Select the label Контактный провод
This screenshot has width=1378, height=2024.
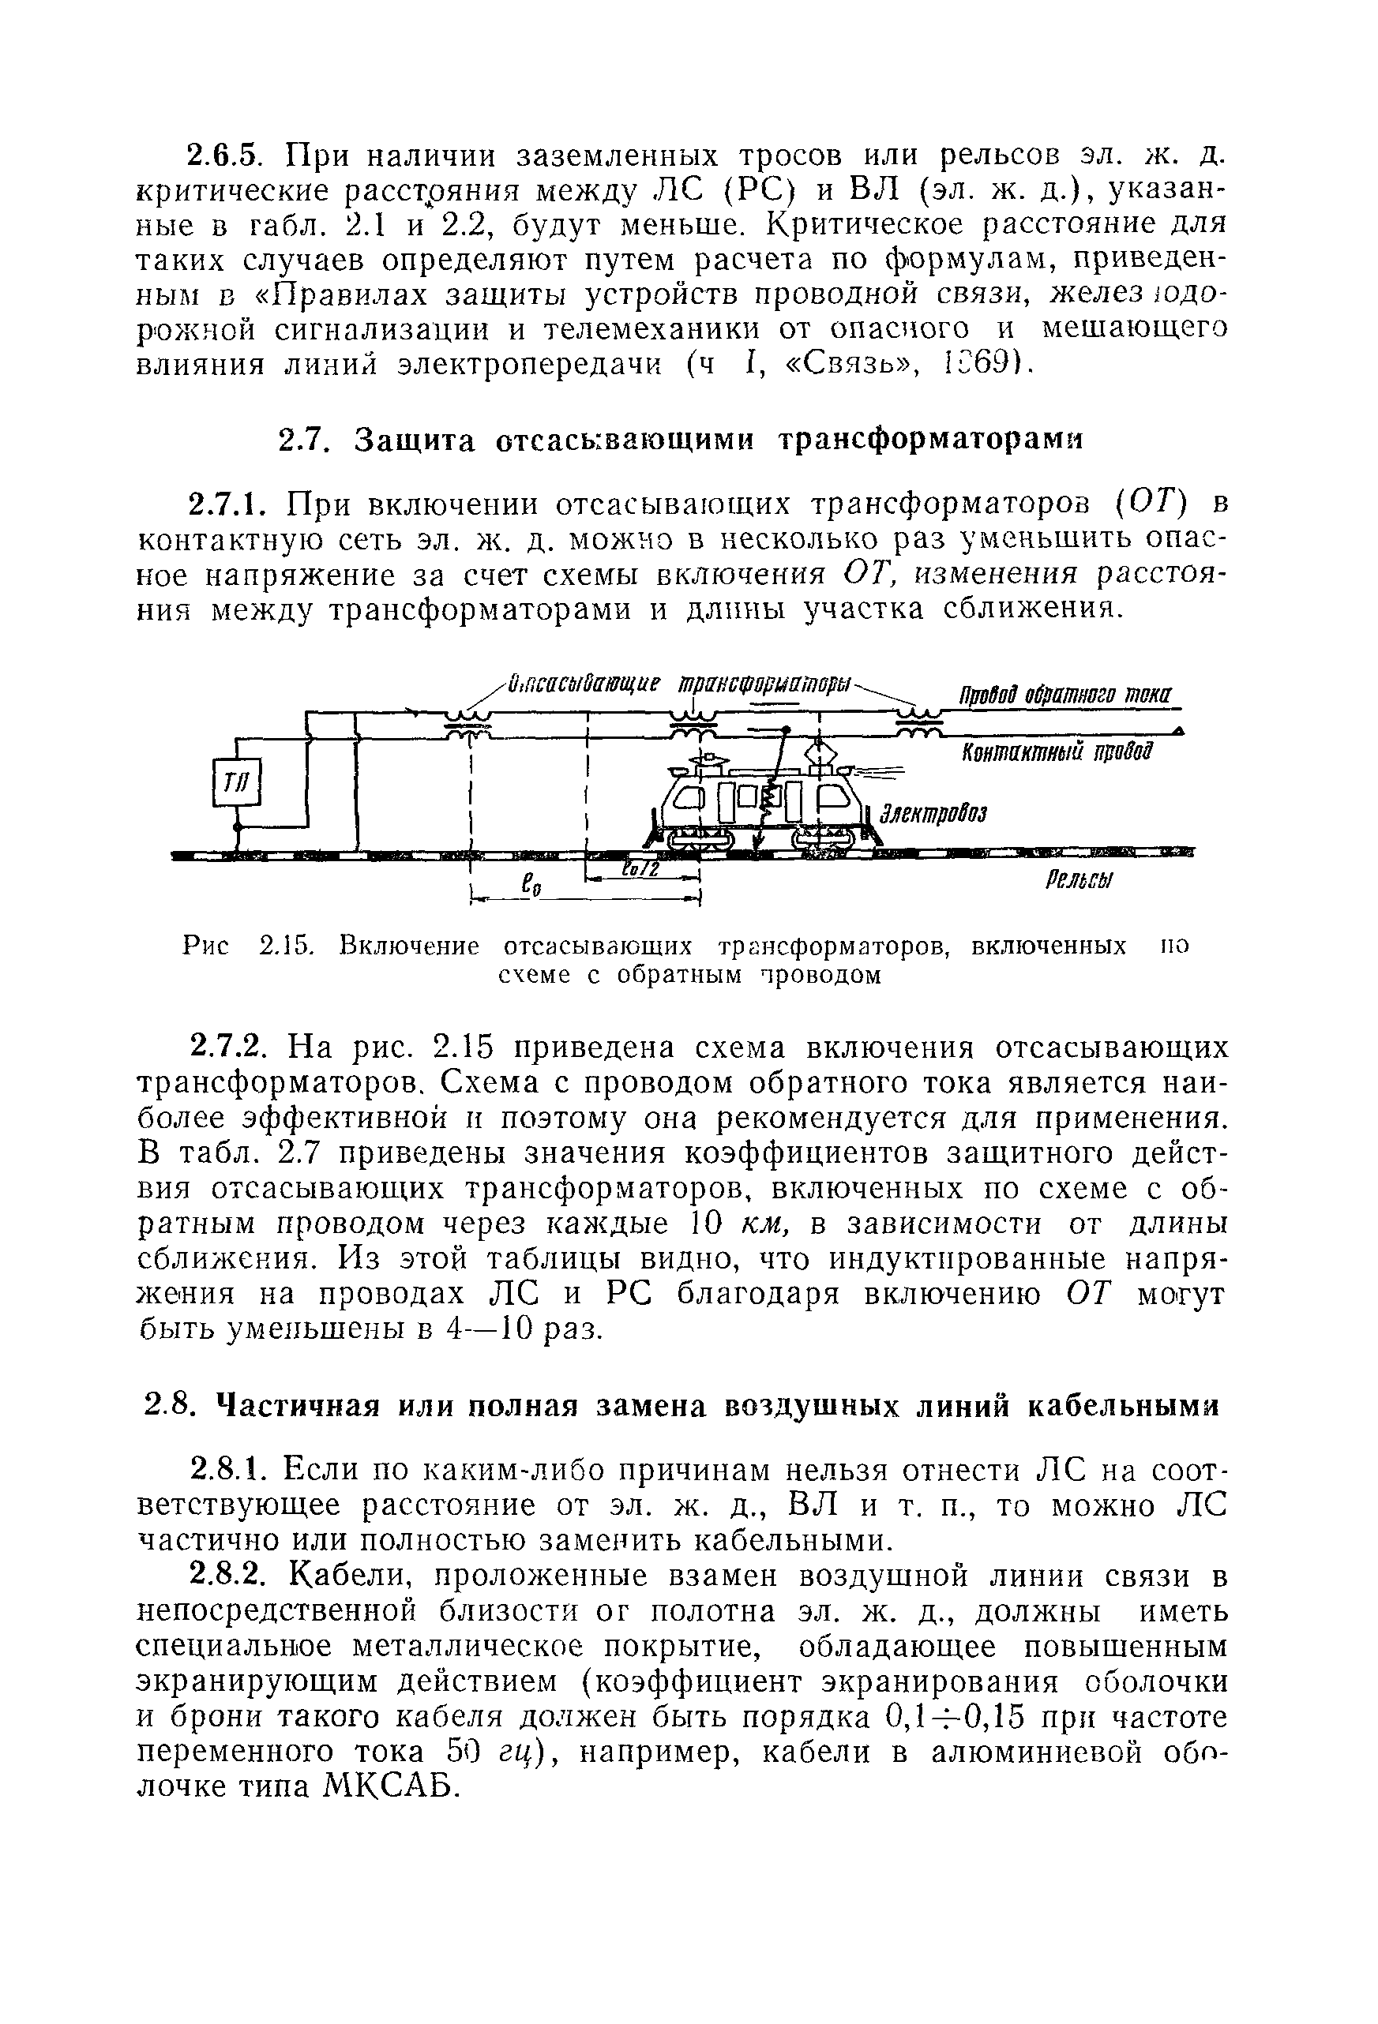tap(1057, 751)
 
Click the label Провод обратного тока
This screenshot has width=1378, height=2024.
tap(1065, 697)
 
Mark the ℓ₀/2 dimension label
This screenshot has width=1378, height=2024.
tap(642, 871)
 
